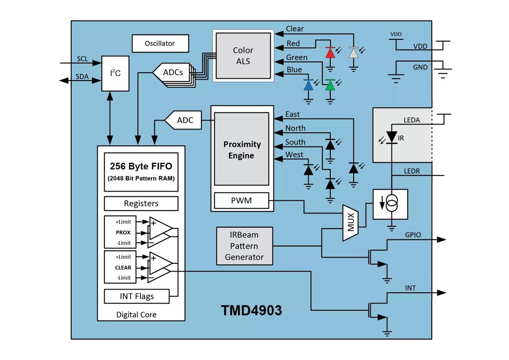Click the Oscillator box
[160, 43]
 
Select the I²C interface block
[115, 73]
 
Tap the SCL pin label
[82, 59]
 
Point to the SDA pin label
[82, 76]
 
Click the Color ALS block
[243, 56]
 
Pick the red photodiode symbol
[330, 52]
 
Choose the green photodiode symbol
[330, 85]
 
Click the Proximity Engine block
[242, 150]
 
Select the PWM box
[242, 201]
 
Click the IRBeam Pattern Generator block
[244, 246]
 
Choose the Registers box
[141, 204]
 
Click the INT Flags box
[137, 296]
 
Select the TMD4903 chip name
[251, 310]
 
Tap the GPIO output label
[413, 235]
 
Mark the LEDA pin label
[412, 120]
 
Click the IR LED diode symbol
[391, 137]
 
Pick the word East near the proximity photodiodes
[292, 114]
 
